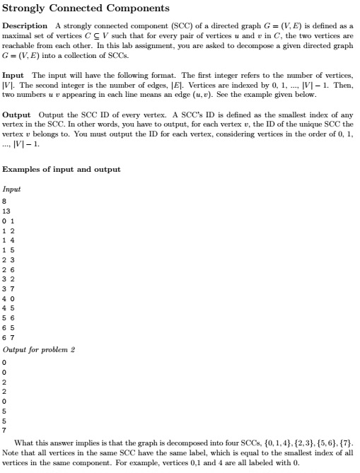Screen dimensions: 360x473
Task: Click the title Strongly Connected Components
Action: (86, 8)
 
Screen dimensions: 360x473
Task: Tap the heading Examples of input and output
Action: (61, 169)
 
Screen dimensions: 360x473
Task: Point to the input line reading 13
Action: (6, 210)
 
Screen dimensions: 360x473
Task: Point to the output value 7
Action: (4, 429)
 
